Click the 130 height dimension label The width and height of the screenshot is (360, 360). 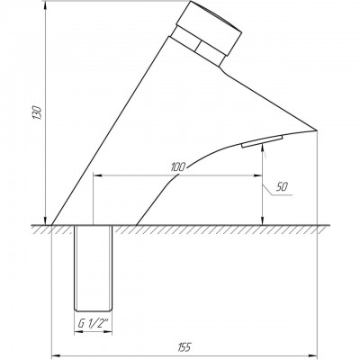(38, 112)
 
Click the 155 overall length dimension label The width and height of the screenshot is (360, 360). (185, 347)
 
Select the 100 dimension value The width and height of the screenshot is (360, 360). (178, 167)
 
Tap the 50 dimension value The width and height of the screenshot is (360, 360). (282, 187)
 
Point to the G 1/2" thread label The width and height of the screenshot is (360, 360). (93, 324)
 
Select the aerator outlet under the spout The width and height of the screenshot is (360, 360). (263, 141)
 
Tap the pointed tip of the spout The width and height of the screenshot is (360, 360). (317, 130)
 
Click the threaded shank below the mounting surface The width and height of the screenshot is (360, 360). (93, 268)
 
